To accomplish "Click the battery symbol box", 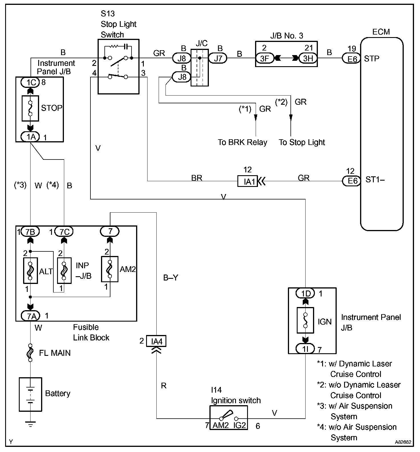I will pyautogui.click(x=30, y=394).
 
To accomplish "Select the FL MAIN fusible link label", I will pyautogui.click(x=54, y=353).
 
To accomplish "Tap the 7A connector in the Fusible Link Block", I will pyautogui.click(x=30, y=316).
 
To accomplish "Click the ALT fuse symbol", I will pyautogui.click(x=30, y=270).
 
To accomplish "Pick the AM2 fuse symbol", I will pyautogui.click(x=110, y=269).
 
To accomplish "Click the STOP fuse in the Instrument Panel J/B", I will pyautogui.click(x=30, y=108).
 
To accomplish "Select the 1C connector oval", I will pyautogui.click(x=31, y=82).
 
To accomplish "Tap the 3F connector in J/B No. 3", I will pyautogui.click(x=264, y=58).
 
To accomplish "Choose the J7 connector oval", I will pyautogui.click(x=218, y=58).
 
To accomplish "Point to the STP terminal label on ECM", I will pyautogui.click(x=371, y=58).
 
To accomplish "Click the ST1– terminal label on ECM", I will pyautogui.click(x=375, y=180).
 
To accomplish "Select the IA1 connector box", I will pyautogui.click(x=247, y=181).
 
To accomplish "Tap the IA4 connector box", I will pyautogui.click(x=156, y=341).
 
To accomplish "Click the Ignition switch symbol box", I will pyautogui.click(x=229, y=417).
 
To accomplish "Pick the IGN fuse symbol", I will pyautogui.click(x=305, y=320).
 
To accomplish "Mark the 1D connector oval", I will pyautogui.click(x=305, y=293).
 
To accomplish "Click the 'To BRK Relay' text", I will pyautogui.click(x=242, y=142).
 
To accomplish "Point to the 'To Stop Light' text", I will pyautogui.click(x=302, y=142).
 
